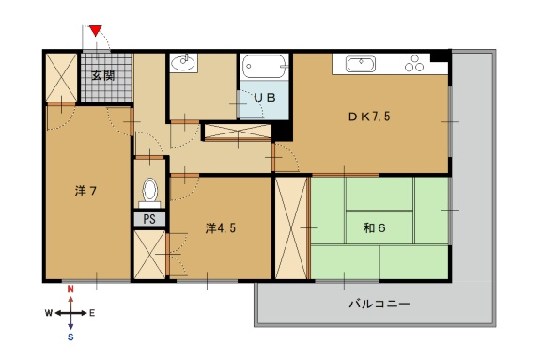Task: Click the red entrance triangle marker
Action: (96, 30)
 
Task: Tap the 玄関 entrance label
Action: (103, 75)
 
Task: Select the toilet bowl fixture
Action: (149, 193)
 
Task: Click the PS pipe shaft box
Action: (149, 219)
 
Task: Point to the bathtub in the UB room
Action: (265, 66)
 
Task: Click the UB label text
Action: (265, 98)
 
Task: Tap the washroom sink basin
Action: (183, 63)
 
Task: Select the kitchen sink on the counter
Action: (361, 64)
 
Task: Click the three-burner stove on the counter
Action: (414, 63)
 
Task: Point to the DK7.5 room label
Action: (369, 117)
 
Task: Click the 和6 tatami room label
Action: (375, 227)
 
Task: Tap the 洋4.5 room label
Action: (221, 227)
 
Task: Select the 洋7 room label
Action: (85, 191)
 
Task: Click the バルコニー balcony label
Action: (379, 304)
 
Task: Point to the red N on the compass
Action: (70, 290)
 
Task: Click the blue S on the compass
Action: (70, 337)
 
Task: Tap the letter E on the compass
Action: (92, 313)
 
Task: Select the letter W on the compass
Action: (49, 313)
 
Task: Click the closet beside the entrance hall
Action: (62, 77)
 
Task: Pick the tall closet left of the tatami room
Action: (291, 227)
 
